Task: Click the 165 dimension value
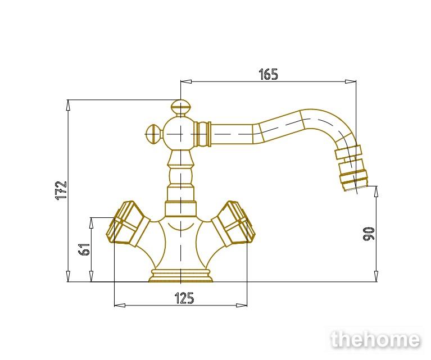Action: (x=269, y=74)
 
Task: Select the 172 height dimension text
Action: (x=61, y=190)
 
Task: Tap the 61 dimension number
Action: (x=84, y=249)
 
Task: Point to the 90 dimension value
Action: (x=369, y=234)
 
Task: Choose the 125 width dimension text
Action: (x=184, y=298)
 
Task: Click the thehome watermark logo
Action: (x=375, y=339)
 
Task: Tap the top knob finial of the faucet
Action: (x=180, y=108)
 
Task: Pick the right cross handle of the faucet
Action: (x=234, y=224)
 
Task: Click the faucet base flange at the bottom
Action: (x=181, y=276)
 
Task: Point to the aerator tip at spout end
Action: (x=354, y=180)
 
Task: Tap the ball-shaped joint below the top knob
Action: (x=180, y=134)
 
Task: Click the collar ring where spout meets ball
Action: (x=203, y=134)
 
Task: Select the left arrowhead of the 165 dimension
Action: (x=186, y=81)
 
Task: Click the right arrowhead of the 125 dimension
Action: (x=242, y=305)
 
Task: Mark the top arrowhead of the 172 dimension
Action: (x=68, y=105)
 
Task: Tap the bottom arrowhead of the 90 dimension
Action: (x=376, y=276)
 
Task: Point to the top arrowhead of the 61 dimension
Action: (x=91, y=223)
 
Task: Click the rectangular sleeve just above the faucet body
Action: (x=181, y=209)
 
